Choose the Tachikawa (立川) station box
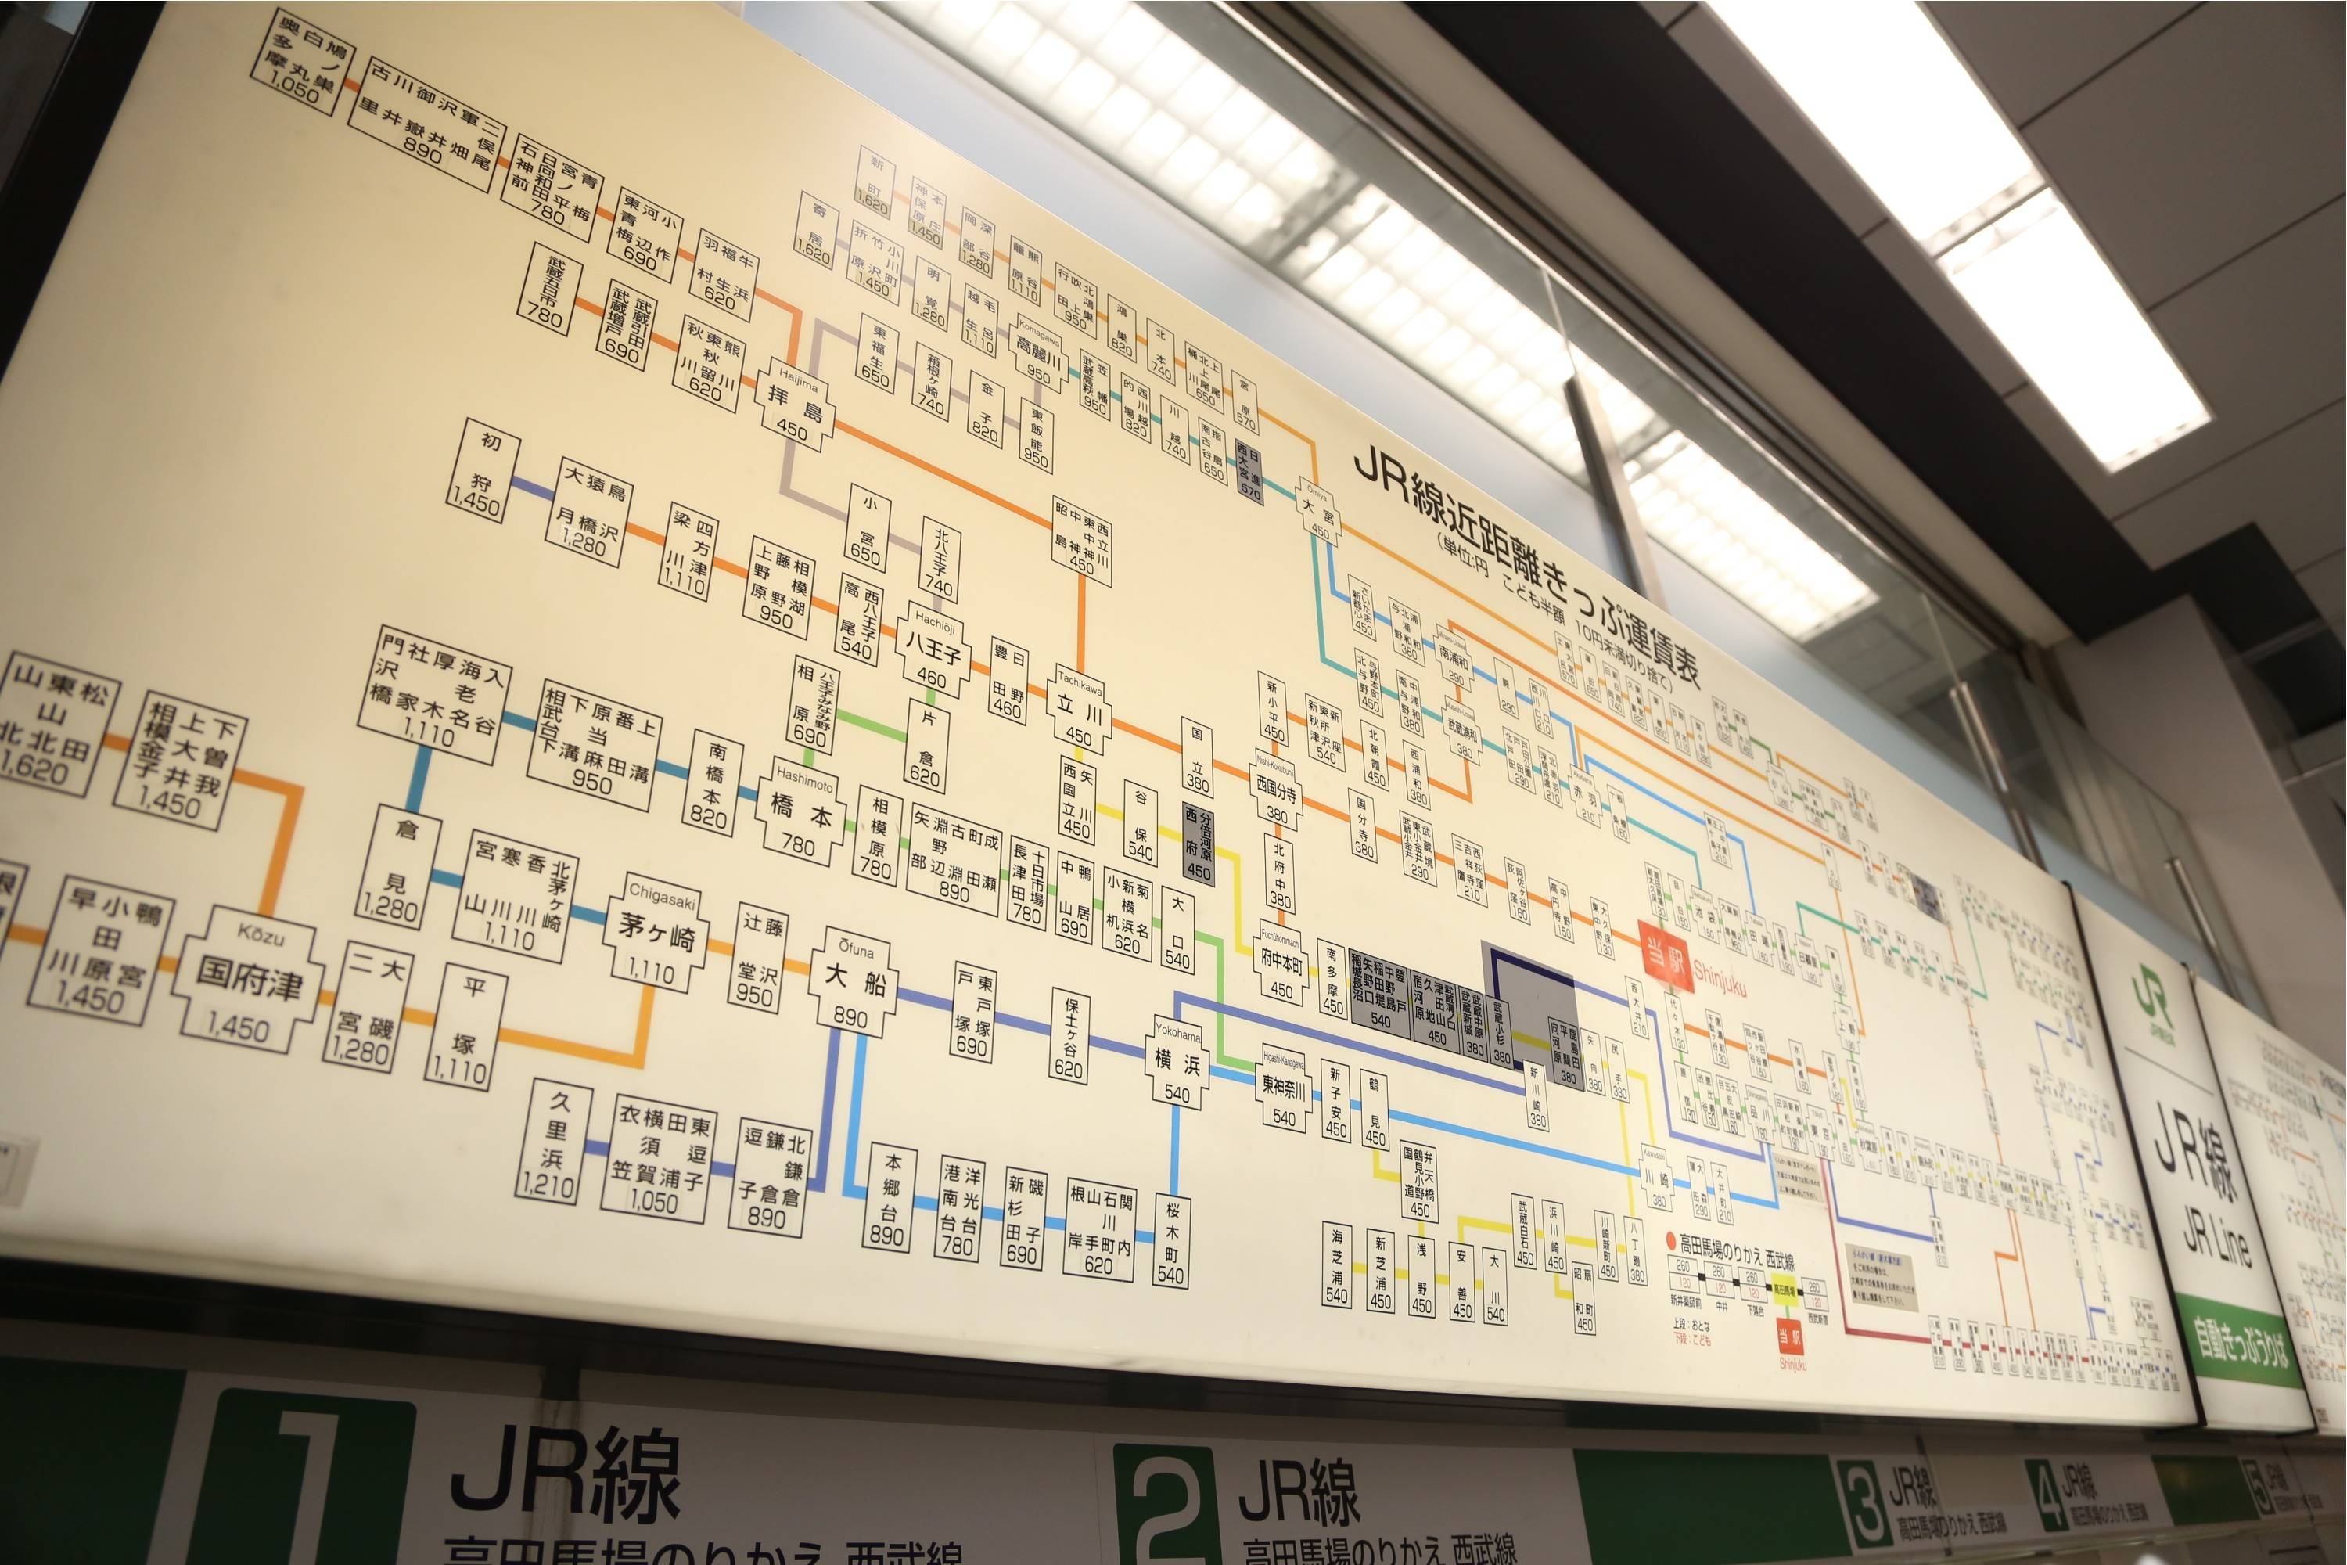point(1080,710)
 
